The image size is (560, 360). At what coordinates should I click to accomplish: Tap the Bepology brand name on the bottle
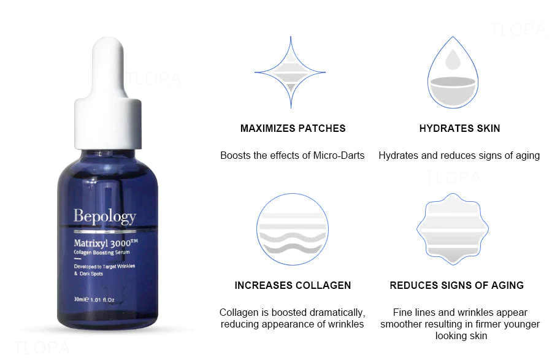[105, 216]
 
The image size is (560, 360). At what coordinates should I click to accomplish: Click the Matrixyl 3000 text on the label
[105, 243]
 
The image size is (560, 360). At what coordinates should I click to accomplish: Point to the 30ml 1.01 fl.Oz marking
[94, 300]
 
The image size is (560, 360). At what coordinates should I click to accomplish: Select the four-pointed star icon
[290, 72]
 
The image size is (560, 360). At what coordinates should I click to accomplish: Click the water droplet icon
[453, 72]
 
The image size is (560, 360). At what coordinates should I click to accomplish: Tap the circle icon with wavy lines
[293, 229]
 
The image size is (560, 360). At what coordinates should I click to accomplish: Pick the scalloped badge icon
[453, 229]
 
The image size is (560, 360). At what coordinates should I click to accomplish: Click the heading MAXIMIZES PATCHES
[293, 129]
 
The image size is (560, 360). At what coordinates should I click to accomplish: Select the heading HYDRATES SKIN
[459, 129]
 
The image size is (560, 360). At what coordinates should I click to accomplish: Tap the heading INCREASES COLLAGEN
[293, 285]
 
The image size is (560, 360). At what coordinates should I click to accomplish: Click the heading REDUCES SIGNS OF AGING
[457, 285]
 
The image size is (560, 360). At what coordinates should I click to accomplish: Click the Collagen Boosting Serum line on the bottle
[102, 253]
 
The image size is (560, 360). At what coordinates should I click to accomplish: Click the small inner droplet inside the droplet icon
[453, 59]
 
